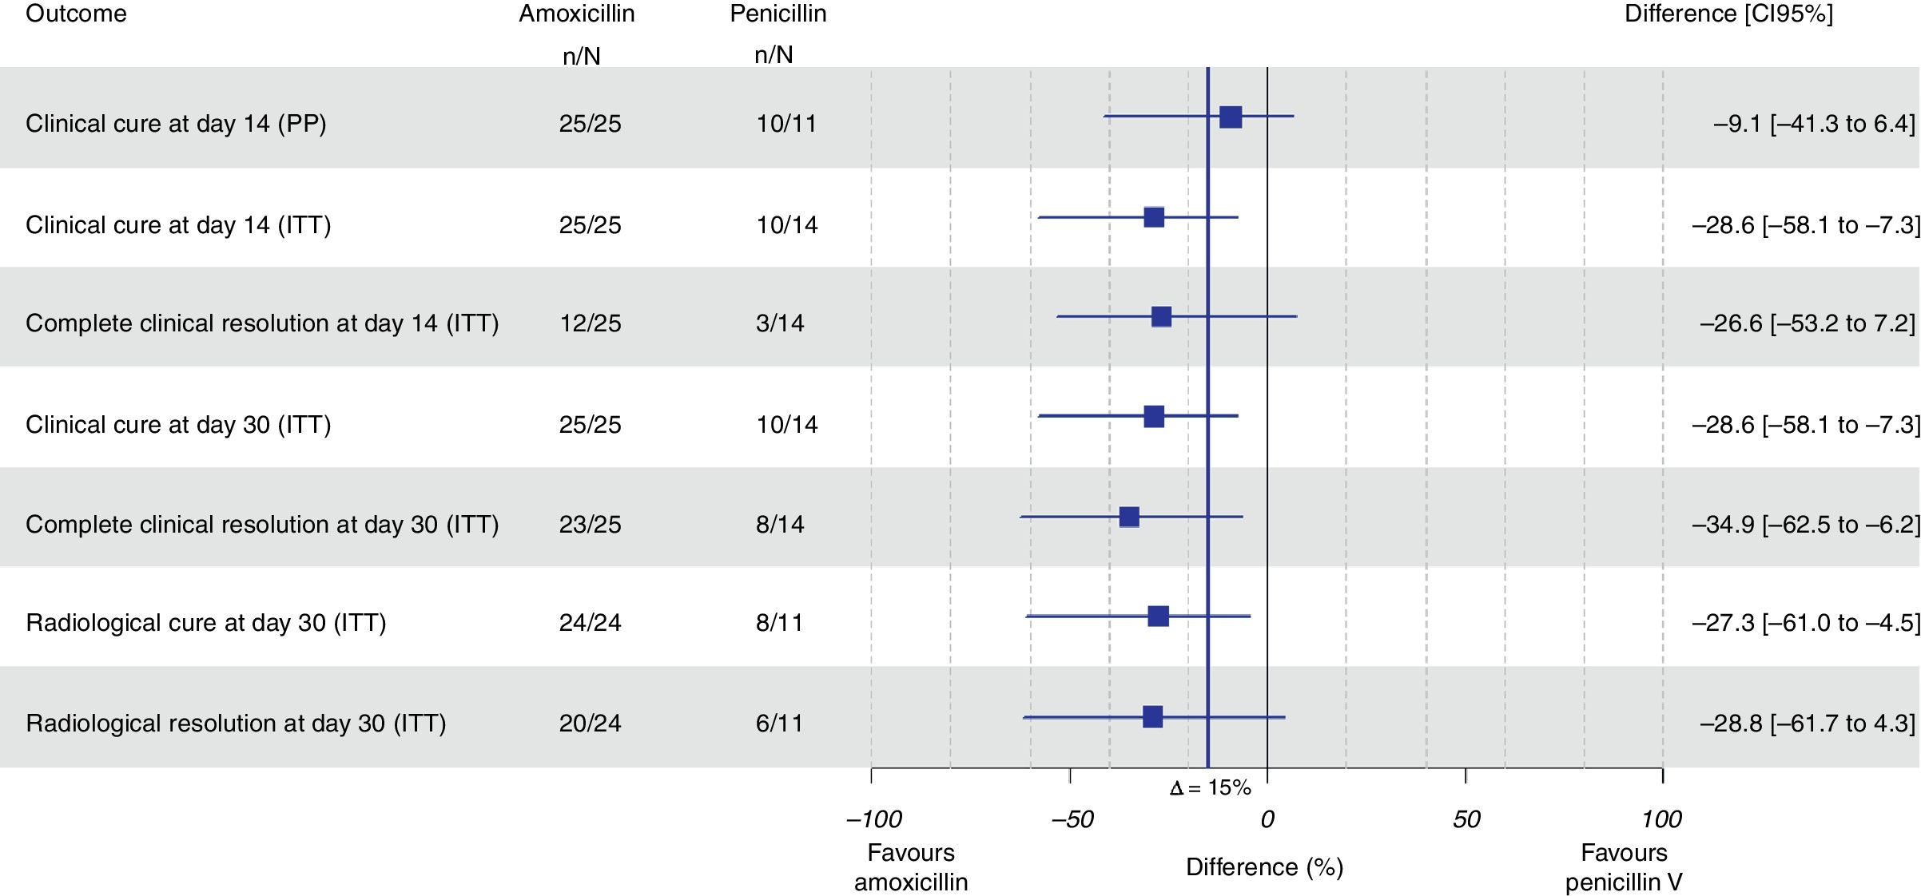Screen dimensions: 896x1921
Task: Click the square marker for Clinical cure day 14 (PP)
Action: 1231,117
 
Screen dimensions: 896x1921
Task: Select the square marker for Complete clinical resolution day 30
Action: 1129,517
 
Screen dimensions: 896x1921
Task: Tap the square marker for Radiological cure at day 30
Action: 1158,616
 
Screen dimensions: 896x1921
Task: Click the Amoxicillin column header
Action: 576,14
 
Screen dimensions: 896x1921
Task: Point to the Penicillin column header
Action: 778,14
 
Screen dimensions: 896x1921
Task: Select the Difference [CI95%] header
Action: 1728,14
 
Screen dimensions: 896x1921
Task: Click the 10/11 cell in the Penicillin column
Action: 786,124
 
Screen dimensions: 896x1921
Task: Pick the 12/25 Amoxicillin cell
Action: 590,323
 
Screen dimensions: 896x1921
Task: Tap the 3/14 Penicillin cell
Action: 780,323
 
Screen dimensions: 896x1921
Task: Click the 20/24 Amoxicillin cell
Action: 590,723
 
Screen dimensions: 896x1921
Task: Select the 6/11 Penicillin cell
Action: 780,723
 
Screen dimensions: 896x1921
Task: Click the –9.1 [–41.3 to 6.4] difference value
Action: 1814,124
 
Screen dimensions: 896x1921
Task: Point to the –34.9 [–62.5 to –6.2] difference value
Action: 1805,525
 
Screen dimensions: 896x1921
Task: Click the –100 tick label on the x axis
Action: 874,819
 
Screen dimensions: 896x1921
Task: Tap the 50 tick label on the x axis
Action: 1466,819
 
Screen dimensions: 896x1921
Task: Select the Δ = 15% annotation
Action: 1210,788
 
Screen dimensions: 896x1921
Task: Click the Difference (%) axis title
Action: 1264,867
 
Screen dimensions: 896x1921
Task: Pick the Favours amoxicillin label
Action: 911,867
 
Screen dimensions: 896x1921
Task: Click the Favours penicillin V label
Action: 1624,867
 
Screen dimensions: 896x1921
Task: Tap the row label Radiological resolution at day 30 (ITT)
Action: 236,723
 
